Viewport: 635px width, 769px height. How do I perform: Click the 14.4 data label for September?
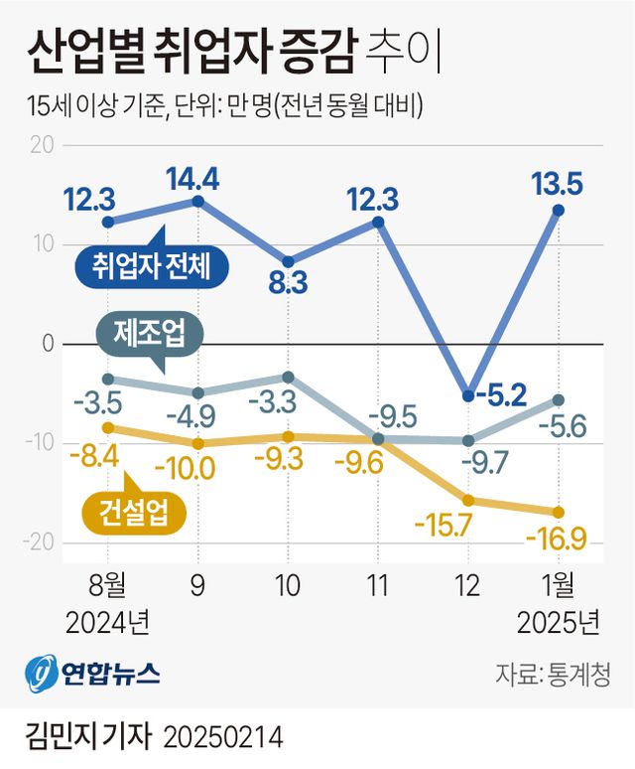coord(196,179)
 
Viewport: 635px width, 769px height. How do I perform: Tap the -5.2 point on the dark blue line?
coord(467,395)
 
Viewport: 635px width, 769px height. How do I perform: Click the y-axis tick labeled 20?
coord(43,145)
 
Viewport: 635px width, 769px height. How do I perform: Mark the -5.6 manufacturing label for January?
coord(563,427)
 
